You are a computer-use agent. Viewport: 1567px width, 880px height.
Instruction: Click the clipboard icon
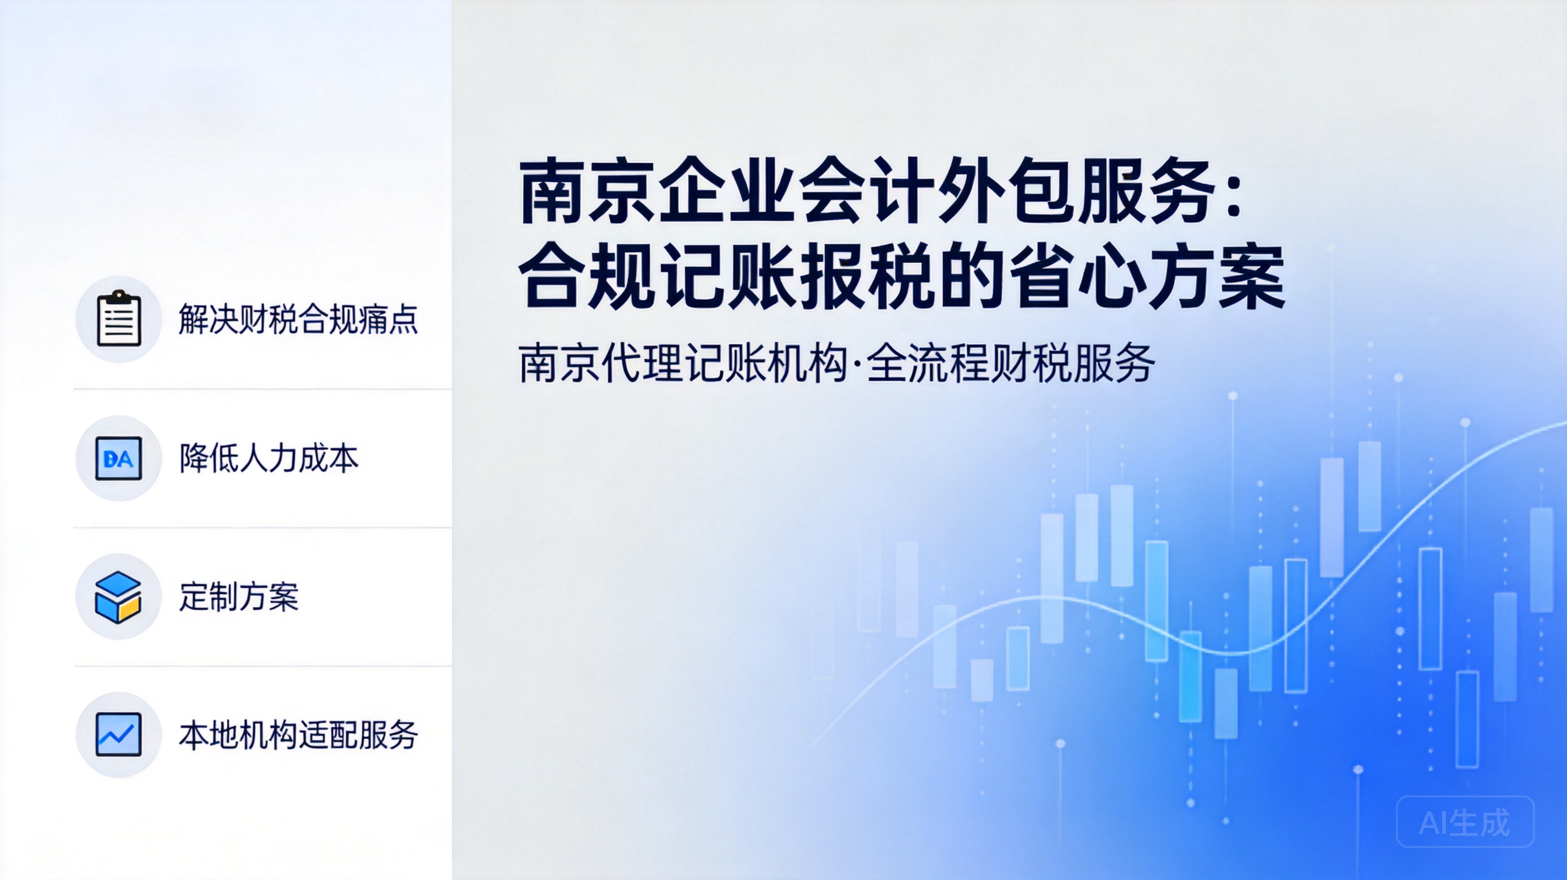pyautogui.click(x=119, y=318)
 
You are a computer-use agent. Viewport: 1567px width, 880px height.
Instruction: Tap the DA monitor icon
pyautogui.click(x=119, y=458)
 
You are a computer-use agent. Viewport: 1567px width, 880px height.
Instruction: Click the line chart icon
pyautogui.click(x=119, y=735)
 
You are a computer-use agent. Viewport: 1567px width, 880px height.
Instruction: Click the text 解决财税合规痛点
pyautogui.click(x=298, y=320)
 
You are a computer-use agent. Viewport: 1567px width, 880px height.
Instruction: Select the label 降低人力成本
pyautogui.click(x=269, y=458)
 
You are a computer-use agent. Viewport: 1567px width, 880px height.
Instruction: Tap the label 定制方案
pyautogui.click(x=239, y=597)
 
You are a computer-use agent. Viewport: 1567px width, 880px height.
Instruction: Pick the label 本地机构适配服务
pyautogui.click(x=298, y=735)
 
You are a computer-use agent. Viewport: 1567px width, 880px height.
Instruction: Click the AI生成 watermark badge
pyautogui.click(x=1465, y=822)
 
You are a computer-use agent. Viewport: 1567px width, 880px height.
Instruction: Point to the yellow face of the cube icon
pyautogui.click(x=129, y=608)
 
